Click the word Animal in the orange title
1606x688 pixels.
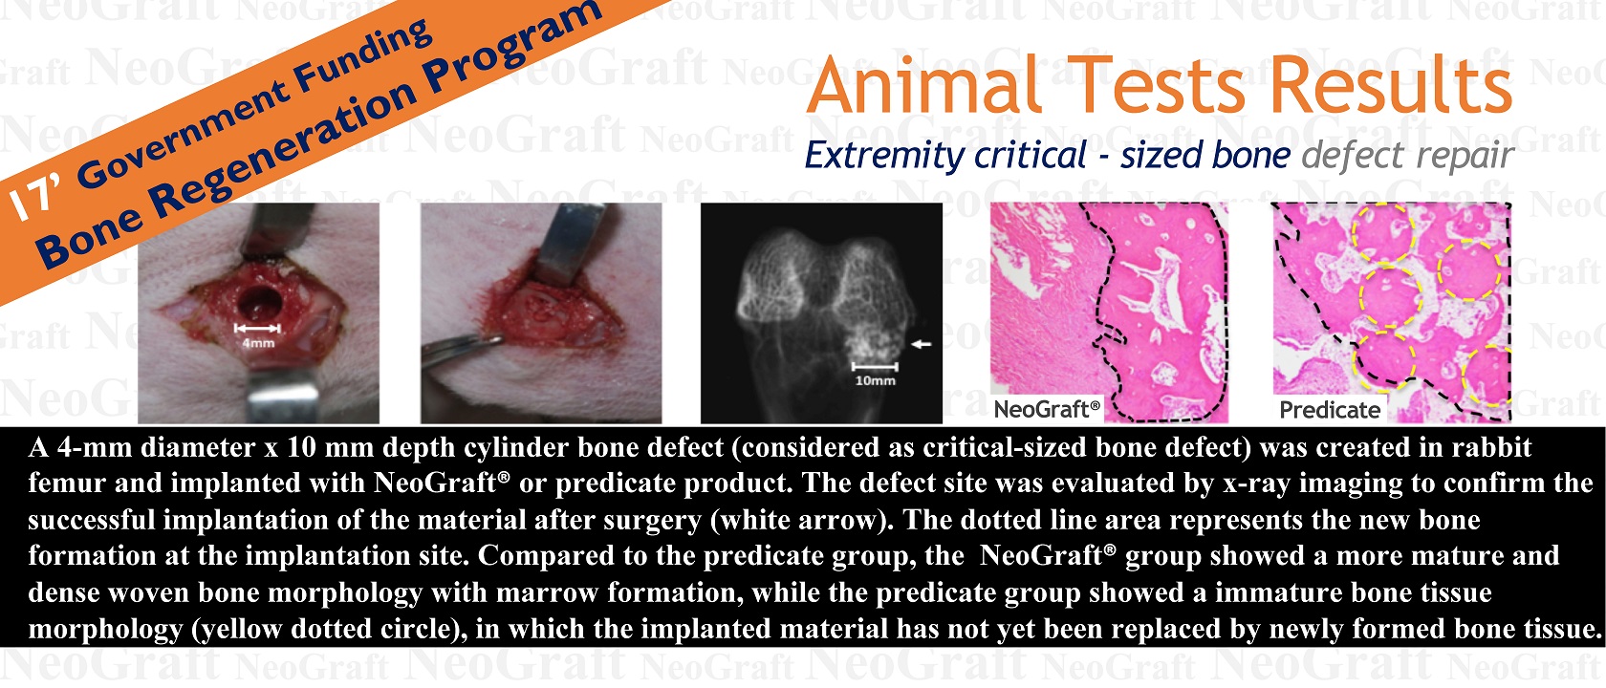tap(925, 85)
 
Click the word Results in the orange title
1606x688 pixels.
tap(1391, 85)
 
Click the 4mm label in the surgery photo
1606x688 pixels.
tap(258, 343)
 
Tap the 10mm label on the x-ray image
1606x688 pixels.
tap(875, 380)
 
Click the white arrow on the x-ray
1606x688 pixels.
tap(921, 344)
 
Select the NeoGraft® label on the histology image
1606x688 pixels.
tap(1047, 409)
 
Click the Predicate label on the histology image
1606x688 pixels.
tap(1330, 410)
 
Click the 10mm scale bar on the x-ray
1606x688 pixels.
tap(875, 367)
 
